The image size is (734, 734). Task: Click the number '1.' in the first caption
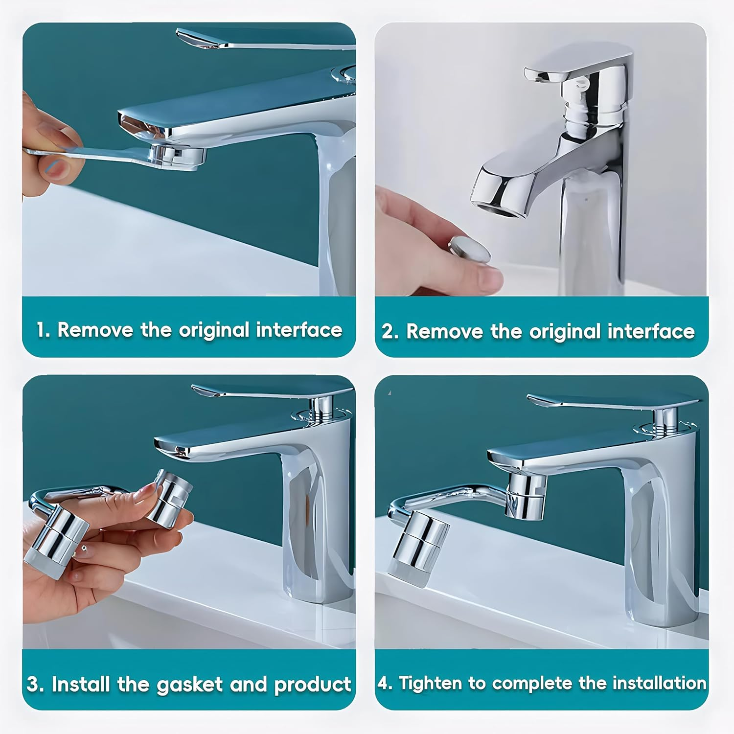point(43,330)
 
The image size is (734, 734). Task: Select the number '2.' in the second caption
point(390,331)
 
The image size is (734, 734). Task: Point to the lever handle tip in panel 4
point(536,400)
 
